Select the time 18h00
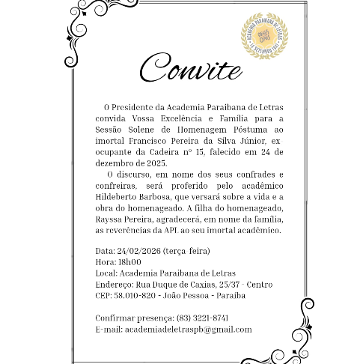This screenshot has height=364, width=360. pos(130,262)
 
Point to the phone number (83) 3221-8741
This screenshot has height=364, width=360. pos(202,318)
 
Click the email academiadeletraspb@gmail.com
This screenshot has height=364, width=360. pos(188,329)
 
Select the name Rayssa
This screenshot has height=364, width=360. pos(110,219)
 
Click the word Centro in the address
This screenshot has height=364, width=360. pos(260,285)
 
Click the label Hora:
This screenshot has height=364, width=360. pos(106,262)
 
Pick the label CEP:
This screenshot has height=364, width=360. pos(104,296)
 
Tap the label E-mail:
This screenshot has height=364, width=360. pos(109,329)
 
